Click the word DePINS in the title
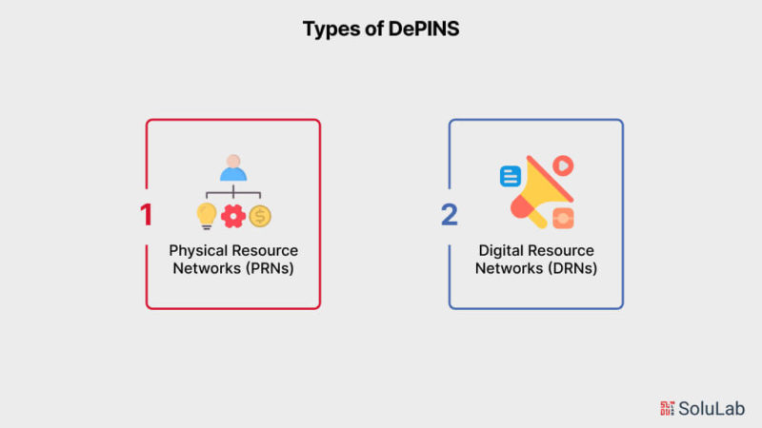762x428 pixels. (x=424, y=29)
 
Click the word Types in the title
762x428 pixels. (x=331, y=29)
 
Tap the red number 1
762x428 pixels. (x=146, y=215)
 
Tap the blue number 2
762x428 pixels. (x=449, y=215)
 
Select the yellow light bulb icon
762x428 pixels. (x=207, y=216)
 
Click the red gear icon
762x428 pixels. (x=233, y=216)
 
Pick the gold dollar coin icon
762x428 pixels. (x=260, y=216)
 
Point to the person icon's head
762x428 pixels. (x=233, y=161)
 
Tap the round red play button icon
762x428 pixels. (x=563, y=165)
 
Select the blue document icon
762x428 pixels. (x=511, y=176)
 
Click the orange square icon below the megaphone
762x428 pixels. (x=563, y=218)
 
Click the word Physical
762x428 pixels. (x=200, y=251)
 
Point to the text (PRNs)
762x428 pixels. (x=270, y=268)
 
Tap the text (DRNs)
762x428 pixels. (x=572, y=268)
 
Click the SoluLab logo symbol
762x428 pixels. (x=667, y=409)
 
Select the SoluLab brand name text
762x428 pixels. (x=712, y=409)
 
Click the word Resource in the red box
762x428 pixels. (x=267, y=251)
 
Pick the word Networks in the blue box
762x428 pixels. (x=509, y=268)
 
